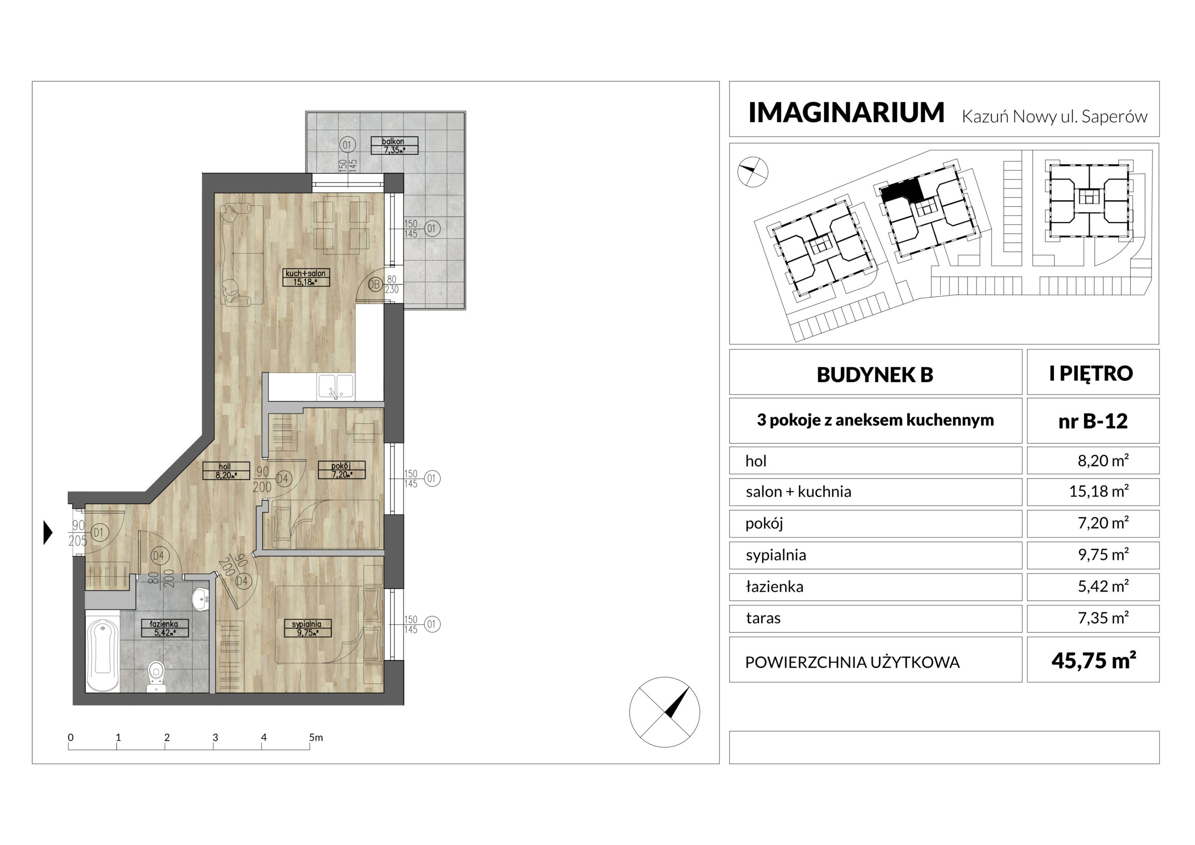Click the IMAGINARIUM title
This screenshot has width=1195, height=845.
click(846, 112)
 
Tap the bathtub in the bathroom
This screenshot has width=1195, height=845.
click(103, 655)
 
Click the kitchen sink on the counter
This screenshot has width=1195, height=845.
click(336, 387)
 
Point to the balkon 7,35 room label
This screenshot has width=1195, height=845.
click(394, 146)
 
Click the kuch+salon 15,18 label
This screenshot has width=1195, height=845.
click(306, 278)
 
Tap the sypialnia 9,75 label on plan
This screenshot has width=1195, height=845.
click(307, 628)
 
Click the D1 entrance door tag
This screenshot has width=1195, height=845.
click(99, 533)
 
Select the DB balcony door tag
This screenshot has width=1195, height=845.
click(375, 285)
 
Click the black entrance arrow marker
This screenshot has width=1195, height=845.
click(48, 533)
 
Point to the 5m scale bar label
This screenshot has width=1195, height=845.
click(316, 737)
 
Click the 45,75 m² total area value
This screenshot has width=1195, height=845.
click(1094, 661)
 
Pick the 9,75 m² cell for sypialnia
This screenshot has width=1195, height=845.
click(1103, 555)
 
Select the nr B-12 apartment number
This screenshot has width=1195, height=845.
click(1093, 421)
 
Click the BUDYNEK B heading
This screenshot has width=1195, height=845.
click(875, 375)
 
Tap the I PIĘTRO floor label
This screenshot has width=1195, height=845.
click(1091, 374)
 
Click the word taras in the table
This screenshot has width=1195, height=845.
click(763, 618)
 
